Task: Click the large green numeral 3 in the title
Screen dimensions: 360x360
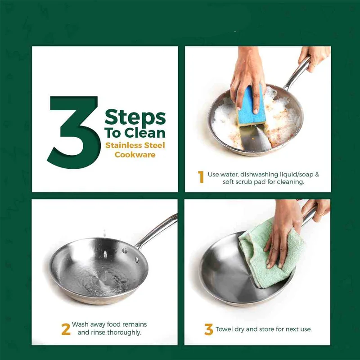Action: point(73,132)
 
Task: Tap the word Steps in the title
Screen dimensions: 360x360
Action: point(135,117)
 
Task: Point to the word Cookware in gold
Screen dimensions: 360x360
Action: point(135,154)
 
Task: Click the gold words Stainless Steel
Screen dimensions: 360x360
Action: point(135,145)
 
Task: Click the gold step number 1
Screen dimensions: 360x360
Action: point(201,177)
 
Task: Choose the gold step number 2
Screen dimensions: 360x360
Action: point(66,329)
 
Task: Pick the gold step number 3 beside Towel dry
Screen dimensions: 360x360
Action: point(209,329)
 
